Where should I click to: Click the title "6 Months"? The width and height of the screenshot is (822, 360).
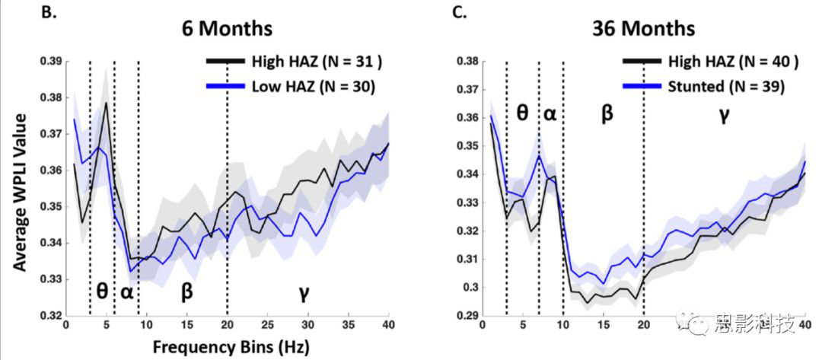click(228, 28)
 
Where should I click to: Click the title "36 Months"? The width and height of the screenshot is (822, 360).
click(644, 29)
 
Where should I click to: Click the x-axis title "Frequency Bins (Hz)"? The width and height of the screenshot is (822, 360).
click(228, 346)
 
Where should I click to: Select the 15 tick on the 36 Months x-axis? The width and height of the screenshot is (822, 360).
click(603, 327)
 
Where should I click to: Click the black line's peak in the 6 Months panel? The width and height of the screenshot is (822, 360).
click(106, 103)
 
